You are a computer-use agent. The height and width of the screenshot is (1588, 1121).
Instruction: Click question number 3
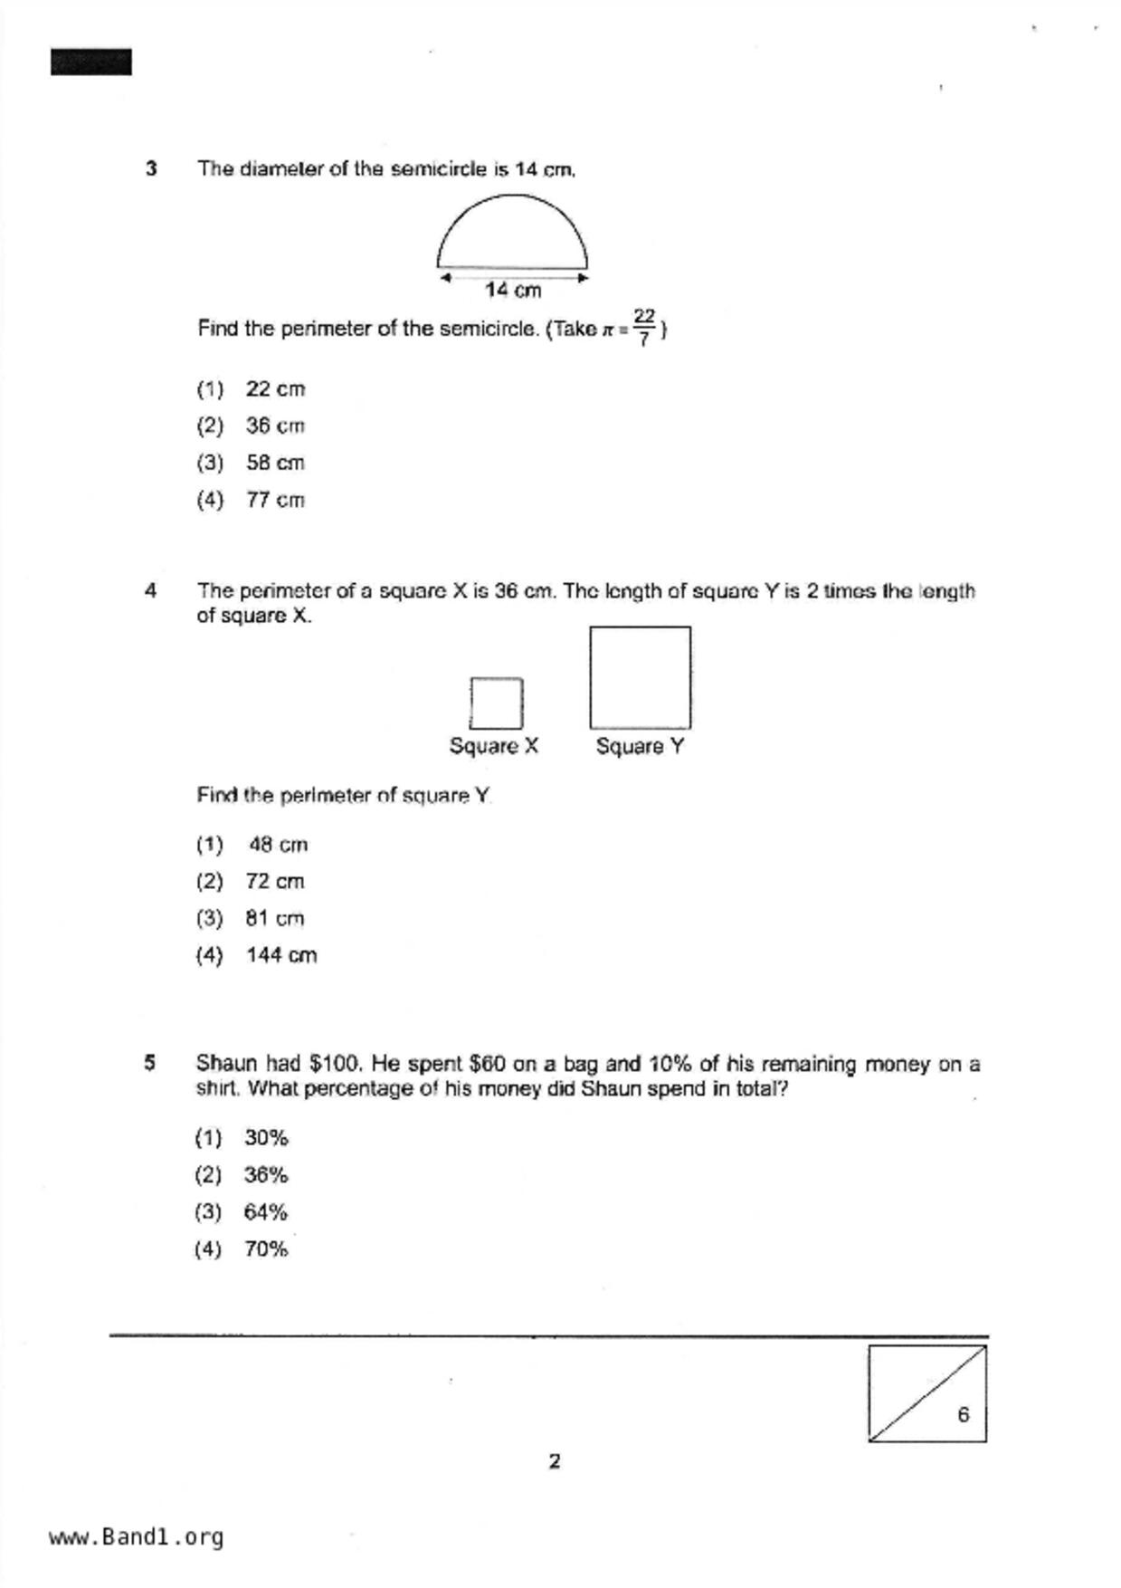click(x=151, y=168)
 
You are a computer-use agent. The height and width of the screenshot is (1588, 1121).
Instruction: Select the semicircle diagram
click(x=512, y=235)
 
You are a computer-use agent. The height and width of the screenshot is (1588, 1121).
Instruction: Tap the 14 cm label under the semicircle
click(x=513, y=291)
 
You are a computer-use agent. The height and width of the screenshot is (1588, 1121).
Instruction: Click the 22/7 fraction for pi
click(x=643, y=328)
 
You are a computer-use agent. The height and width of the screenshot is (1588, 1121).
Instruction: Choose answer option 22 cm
click(x=275, y=389)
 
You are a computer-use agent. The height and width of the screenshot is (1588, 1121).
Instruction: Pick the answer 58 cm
click(x=275, y=463)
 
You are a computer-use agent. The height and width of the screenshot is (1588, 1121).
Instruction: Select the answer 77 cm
click(x=275, y=500)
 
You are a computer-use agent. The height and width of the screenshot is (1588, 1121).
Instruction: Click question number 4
click(x=150, y=591)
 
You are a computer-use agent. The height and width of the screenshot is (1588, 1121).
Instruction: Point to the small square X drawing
click(x=496, y=703)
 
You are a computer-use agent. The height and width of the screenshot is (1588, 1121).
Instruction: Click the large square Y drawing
click(x=640, y=677)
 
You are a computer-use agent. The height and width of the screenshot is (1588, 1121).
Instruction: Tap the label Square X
click(x=494, y=746)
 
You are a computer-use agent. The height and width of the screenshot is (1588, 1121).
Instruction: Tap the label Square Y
click(x=640, y=746)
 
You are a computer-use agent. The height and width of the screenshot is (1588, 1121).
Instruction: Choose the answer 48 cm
click(x=278, y=845)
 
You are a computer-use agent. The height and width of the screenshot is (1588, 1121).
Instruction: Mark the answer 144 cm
click(x=281, y=955)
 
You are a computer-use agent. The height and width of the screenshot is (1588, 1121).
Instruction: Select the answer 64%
click(x=265, y=1212)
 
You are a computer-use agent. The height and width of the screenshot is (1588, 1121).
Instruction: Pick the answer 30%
click(x=265, y=1138)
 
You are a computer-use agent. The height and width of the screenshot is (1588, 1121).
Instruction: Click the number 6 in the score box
click(x=964, y=1414)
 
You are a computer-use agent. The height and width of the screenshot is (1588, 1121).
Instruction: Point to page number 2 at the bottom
click(x=555, y=1461)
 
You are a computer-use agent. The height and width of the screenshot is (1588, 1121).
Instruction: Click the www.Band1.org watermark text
click(x=136, y=1537)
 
